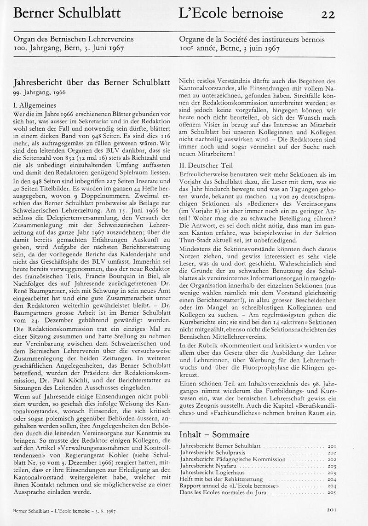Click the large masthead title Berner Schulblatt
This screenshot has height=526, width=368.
click(x=67, y=13)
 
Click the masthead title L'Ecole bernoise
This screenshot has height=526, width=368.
click(x=231, y=13)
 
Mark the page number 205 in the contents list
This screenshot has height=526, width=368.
click(x=332, y=492)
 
